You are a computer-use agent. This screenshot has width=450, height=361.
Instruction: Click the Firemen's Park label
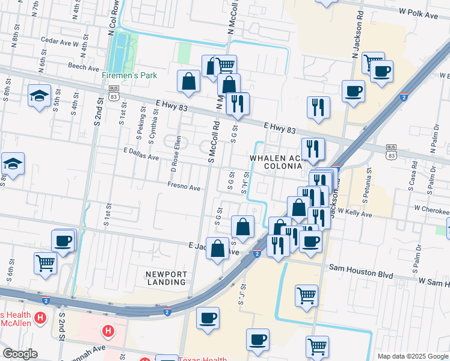click(x=129, y=76)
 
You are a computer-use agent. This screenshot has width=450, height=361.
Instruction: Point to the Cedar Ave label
click(x=56, y=41)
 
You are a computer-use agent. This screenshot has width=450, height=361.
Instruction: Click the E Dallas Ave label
click(x=141, y=155)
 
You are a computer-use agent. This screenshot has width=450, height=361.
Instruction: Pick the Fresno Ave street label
click(x=184, y=188)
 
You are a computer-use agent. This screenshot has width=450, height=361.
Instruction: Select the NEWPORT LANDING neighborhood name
click(x=165, y=278)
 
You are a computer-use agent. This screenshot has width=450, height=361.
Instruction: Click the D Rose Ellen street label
click(x=176, y=153)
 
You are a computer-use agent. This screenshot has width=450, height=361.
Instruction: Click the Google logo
click(x=19, y=354)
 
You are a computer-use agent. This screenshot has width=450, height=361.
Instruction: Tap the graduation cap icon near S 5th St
click(x=40, y=96)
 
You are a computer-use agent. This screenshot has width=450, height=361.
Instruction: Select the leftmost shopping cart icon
click(x=46, y=262)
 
